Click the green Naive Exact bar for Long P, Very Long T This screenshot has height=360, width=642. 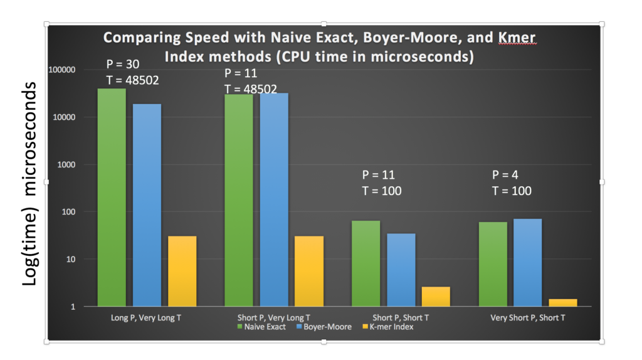(x=112, y=198)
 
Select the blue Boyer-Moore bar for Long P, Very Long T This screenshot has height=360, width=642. (x=147, y=205)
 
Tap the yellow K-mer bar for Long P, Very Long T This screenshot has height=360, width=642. (x=182, y=271)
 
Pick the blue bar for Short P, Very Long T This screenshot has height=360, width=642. (x=274, y=200)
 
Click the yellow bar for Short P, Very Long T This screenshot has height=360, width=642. (x=309, y=271)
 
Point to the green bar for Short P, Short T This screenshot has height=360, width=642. (x=366, y=264)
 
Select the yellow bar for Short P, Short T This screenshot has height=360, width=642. (x=436, y=297)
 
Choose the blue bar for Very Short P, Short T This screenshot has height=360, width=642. (x=528, y=263)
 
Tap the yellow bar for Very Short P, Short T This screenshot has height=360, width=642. (x=563, y=303)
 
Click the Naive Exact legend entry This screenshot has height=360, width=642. (x=261, y=327)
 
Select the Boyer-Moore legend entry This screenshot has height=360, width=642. (x=324, y=327)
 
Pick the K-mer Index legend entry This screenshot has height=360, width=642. (x=388, y=327)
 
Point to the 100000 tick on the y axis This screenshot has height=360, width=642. (x=62, y=70)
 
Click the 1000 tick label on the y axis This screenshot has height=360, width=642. (x=66, y=165)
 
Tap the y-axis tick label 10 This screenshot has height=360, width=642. (x=71, y=259)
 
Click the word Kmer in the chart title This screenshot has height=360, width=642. (x=517, y=38)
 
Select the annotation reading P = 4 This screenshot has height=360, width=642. (x=505, y=175)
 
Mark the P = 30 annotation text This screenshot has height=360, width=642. (x=122, y=65)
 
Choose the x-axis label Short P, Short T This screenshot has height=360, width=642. (x=401, y=317)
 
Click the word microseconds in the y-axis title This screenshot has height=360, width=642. (x=29, y=139)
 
